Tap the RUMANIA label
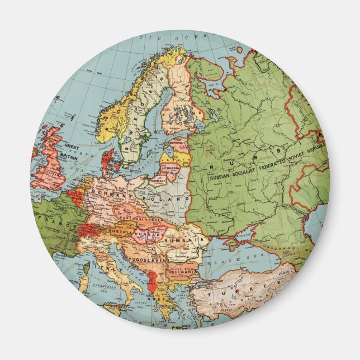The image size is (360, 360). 190,241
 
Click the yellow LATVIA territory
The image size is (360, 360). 173,157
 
